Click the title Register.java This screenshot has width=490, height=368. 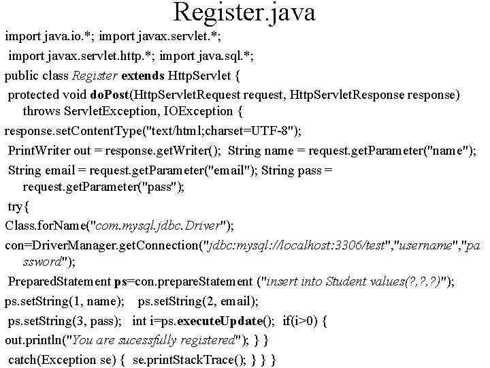tap(244, 12)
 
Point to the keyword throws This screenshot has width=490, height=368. tap(42, 109)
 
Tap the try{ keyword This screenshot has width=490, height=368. tap(20, 205)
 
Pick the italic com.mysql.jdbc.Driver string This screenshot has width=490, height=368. tap(163, 224)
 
